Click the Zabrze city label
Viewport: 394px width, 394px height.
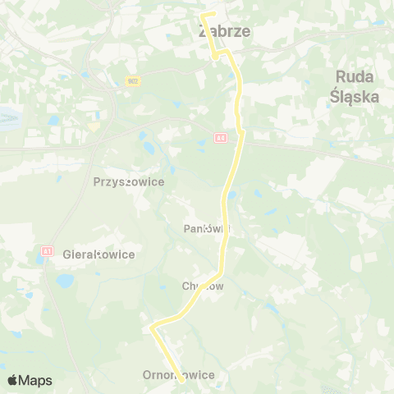tap(224, 31)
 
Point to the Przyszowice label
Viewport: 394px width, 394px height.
tap(129, 182)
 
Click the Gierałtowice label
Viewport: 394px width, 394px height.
tap(98, 254)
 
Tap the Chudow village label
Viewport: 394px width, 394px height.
tap(203, 286)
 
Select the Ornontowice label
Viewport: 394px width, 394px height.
tap(177, 375)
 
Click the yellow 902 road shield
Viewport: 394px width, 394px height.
tap(132, 80)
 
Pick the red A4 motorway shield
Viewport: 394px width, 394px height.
tap(220, 138)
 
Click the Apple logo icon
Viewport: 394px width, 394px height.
tap(11, 380)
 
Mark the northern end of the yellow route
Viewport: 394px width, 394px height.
tap(204, 15)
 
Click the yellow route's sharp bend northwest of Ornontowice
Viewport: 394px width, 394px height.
tap(153, 328)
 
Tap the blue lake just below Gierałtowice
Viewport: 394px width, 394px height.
tap(64, 282)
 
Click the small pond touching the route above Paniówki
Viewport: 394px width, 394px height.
tap(232, 195)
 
